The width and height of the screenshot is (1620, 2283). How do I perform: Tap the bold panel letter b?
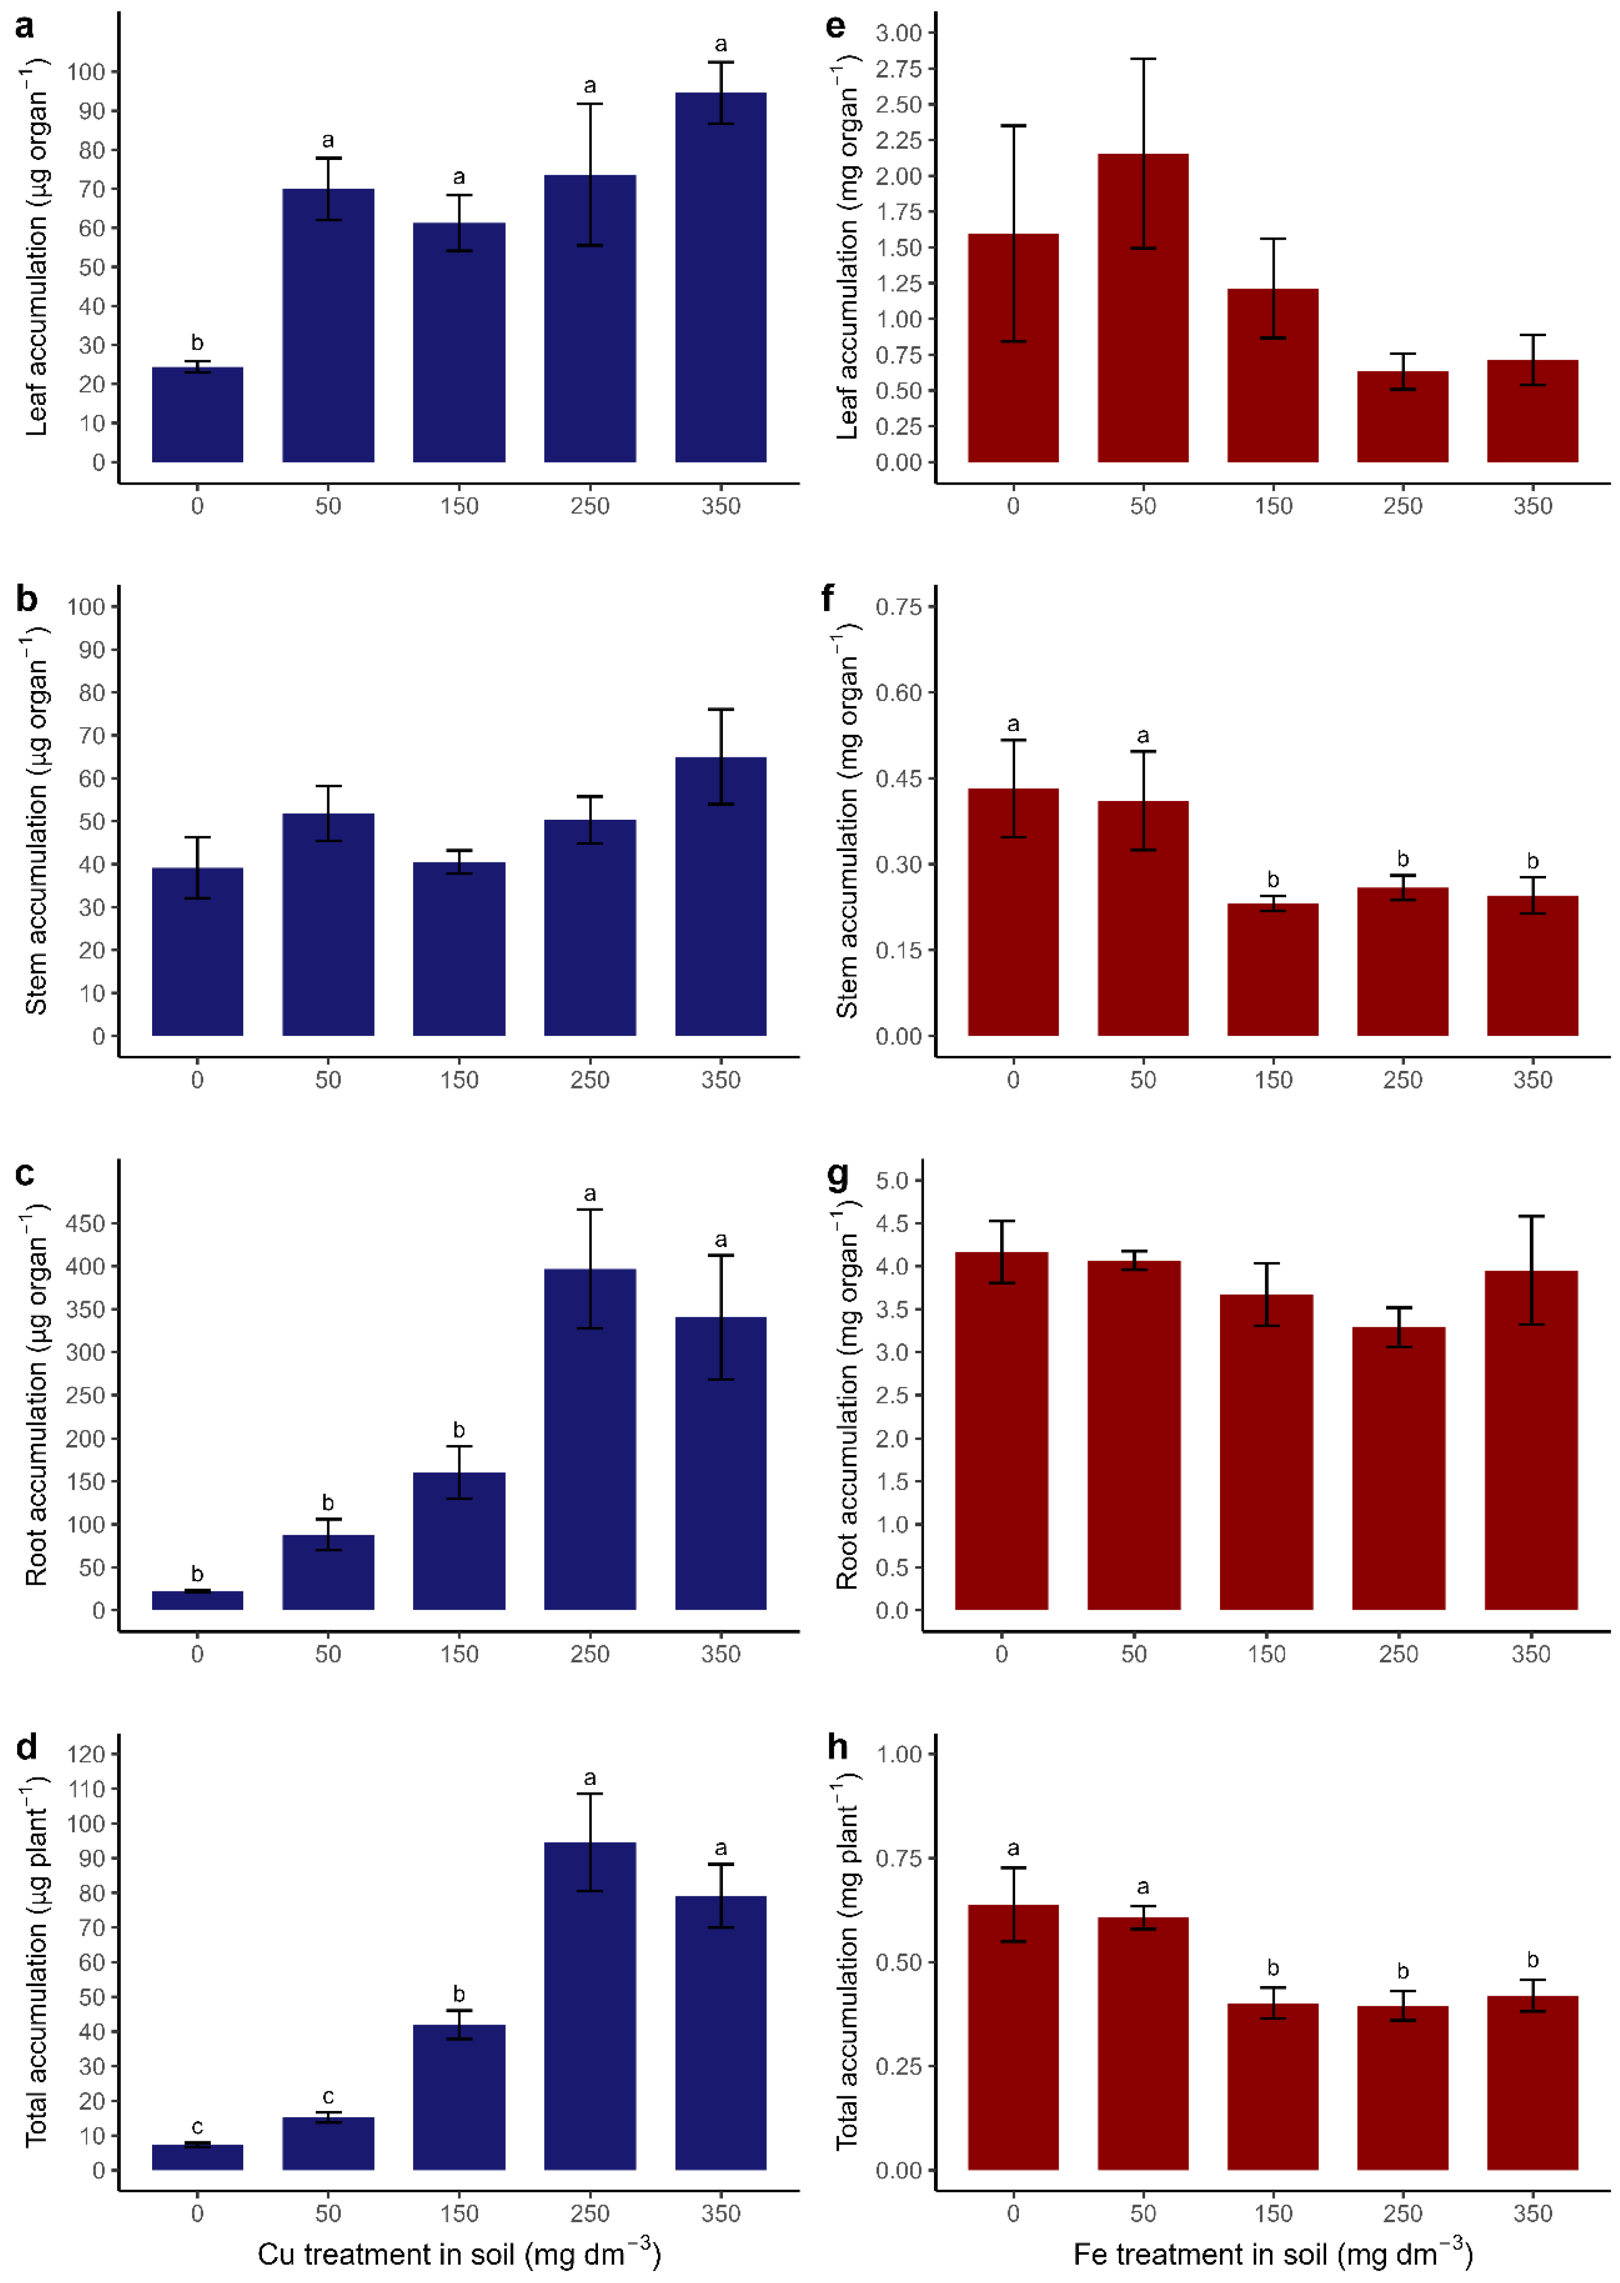[x=27, y=600]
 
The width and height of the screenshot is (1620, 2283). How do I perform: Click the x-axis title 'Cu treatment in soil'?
[x=459, y=2254]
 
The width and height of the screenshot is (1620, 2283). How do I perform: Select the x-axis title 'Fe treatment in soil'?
[x=1272, y=2254]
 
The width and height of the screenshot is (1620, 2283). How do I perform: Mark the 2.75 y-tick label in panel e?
[x=898, y=69]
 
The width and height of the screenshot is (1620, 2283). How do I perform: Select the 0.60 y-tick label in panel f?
[x=898, y=693]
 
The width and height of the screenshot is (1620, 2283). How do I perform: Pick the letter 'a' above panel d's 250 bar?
[x=590, y=1778]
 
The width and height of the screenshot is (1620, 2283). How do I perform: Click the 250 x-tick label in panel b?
[x=590, y=1080]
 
